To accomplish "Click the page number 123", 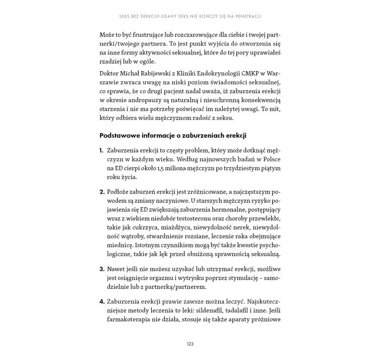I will [190, 344].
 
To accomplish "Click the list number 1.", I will [101, 150].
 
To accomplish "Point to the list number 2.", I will [102, 192].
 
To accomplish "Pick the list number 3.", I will [102, 269].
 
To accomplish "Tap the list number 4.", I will [102, 301].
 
